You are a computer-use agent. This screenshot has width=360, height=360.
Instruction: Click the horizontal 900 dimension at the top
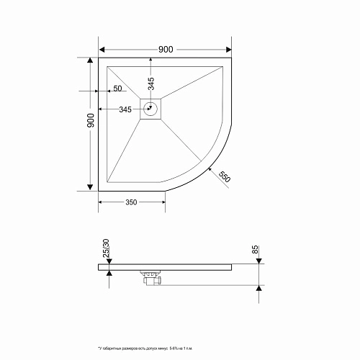pos(165,50)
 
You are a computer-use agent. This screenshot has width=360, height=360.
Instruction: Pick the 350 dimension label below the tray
pos(131,202)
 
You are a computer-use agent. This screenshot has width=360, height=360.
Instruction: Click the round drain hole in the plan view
pos(151,109)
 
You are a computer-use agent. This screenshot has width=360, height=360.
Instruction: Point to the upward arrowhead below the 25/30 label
pos(109,272)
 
